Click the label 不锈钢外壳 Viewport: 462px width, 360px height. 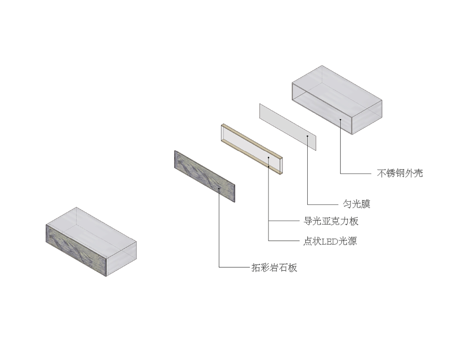click(x=400, y=173)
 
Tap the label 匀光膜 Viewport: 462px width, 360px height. click(x=356, y=204)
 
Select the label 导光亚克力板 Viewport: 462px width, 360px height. click(x=331, y=221)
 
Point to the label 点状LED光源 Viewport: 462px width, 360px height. click(x=330, y=241)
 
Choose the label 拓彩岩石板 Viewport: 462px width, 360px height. click(x=274, y=268)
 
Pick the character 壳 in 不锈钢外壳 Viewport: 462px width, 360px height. click(x=418, y=173)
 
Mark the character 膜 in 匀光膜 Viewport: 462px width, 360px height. click(x=365, y=204)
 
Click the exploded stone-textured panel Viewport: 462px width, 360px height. click(x=205, y=176)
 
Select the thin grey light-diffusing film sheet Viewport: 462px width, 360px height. click(x=288, y=127)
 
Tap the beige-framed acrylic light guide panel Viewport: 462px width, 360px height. click(x=252, y=149)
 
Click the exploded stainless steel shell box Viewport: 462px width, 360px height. click(x=337, y=100)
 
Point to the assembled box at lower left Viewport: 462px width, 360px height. click(x=91, y=241)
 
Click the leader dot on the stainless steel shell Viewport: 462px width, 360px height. click(x=340, y=119)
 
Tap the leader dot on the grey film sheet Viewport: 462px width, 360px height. click(x=307, y=136)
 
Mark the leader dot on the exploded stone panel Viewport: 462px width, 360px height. click(x=219, y=189)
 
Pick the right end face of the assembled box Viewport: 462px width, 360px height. click(x=121, y=259)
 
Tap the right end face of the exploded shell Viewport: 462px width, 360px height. click(x=367, y=117)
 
